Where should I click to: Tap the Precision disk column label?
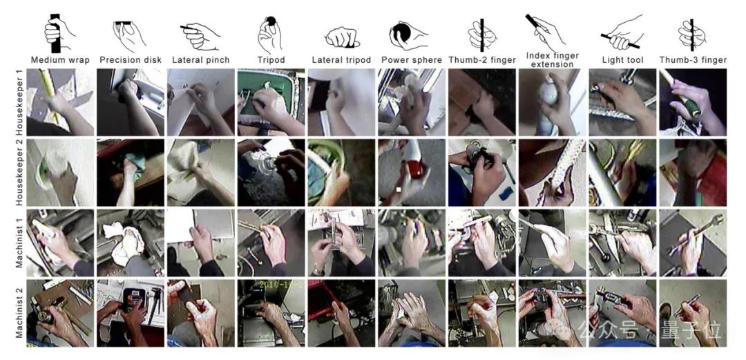click(131, 60)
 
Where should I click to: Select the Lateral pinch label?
click(201, 60)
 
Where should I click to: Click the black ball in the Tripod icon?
click(271, 21)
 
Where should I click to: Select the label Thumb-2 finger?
click(482, 60)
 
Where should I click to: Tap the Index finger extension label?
click(552, 60)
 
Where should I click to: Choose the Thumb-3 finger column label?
click(693, 60)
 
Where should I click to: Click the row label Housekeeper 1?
click(20, 102)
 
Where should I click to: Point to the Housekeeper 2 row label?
click(20, 172)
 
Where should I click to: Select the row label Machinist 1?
click(20, 243)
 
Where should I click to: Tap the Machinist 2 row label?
click(20, 312)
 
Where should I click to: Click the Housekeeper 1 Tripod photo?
click(271, 102)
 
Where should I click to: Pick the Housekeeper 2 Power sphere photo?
click(412, 172)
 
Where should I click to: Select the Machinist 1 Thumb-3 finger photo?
click(693, 243)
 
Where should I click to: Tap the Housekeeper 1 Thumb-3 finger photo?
click(693, 102)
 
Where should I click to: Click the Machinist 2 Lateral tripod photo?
click(341, 313)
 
